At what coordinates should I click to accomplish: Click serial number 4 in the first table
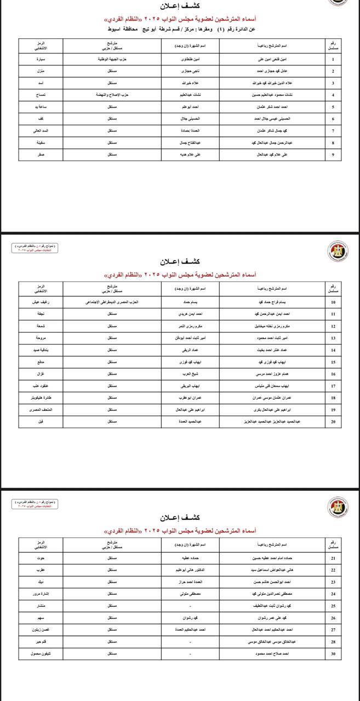[333, 95]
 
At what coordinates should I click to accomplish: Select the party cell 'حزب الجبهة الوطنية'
[112, 60]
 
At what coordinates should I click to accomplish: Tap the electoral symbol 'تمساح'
[41, 95]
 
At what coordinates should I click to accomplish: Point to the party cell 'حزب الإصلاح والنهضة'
[112, 95]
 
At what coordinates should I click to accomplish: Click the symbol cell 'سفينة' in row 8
[41, 143]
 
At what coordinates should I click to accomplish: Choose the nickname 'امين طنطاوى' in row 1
[191, 60]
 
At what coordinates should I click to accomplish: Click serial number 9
[333, 155]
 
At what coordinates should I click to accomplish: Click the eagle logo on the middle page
[335, 251]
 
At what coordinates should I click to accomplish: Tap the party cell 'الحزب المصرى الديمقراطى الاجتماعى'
[112, 302]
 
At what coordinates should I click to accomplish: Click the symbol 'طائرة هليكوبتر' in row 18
[41, 398]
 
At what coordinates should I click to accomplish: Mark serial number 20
[333, 422]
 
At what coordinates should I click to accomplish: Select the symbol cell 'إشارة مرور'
[41, 593]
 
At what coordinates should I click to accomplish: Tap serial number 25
[333, 606]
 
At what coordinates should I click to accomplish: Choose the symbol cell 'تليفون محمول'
[41, 654]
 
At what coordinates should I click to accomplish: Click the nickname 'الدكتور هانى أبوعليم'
[191, 570]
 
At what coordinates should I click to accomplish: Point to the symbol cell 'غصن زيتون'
[41, 630]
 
